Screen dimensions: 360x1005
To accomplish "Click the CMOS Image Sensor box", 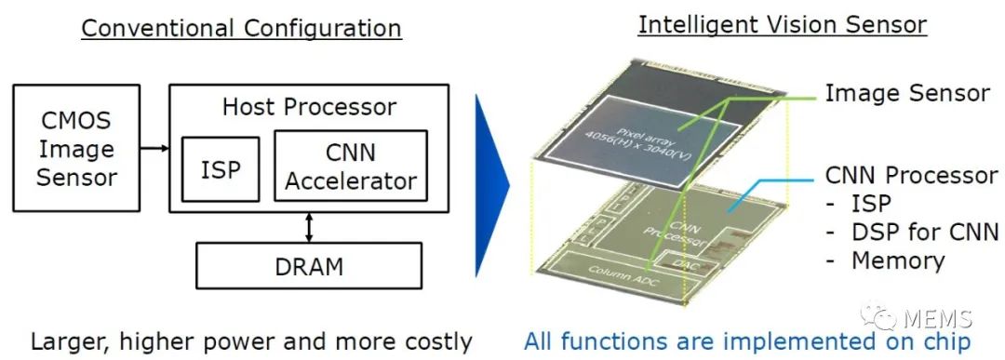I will point(77,149).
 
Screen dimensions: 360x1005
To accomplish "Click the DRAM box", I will point(308,266).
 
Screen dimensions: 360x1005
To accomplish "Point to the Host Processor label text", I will point(309,106).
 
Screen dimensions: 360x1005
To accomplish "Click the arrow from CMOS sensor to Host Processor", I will point(151,147).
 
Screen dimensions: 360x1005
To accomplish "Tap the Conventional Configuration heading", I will point(241,27).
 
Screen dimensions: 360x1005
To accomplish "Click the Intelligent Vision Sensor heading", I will point(782,24).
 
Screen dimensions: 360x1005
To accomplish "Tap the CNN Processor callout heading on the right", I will point(911,175).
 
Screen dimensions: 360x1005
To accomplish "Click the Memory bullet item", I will point(898,260).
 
